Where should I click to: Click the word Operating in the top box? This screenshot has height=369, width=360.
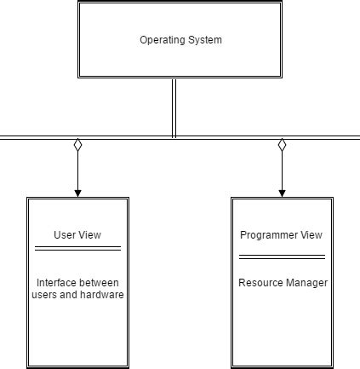(159, 40)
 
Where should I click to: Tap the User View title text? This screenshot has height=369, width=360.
(77, 235)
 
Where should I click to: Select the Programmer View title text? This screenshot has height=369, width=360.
(281, 235)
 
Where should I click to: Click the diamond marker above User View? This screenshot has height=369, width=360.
(77, 145)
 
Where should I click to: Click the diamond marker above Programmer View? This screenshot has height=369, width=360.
(282, 145)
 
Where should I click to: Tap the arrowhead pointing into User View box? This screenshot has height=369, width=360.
(77, 193)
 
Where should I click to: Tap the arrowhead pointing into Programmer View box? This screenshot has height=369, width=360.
(282, 193)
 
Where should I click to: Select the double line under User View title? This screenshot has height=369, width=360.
(77, 248)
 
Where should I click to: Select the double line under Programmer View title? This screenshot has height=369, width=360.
(282, 256)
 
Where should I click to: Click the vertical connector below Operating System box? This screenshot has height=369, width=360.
(174, 107)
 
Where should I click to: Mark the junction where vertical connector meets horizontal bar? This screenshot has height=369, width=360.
(174, 136)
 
